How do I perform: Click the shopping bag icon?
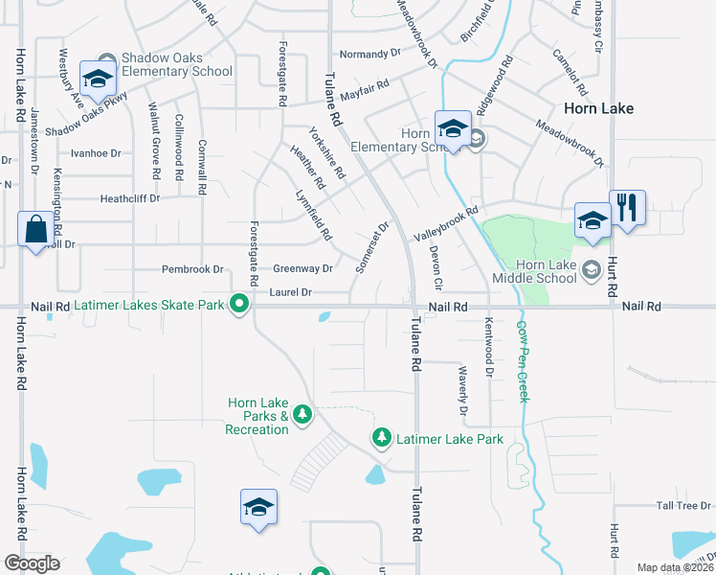(35, 230)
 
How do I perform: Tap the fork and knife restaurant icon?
(627, 208)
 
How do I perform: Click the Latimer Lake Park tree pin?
(382, 438)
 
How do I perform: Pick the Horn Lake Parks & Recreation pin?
(302, 414)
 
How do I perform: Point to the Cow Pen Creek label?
(523, 360)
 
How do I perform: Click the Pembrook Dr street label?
(192, 269)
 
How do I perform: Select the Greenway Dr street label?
(302, 269)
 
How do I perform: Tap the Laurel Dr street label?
(291, 291)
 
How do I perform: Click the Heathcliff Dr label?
(130, 198)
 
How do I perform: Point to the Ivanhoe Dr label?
(96, 152)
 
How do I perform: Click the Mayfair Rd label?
(364, 85)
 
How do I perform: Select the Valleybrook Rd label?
(445, 223)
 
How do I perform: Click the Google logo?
(32, 563)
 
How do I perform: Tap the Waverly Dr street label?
(462, 390)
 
